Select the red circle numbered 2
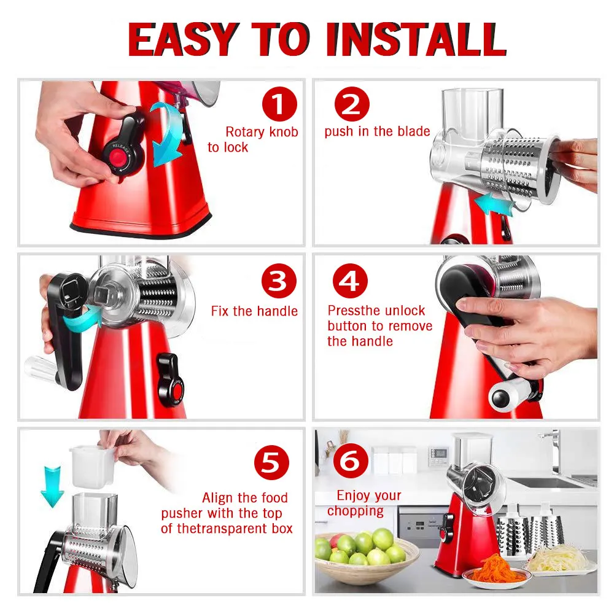351,105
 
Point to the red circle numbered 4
350,282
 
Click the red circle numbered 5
271,464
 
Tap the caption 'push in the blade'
377,131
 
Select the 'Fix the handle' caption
254,311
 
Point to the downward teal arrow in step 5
51,485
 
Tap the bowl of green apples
362,556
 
